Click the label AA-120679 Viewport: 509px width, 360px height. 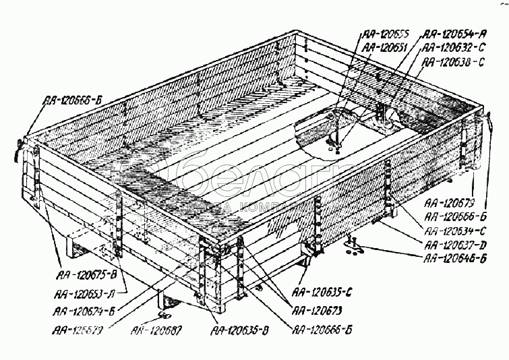pos(451,202)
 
